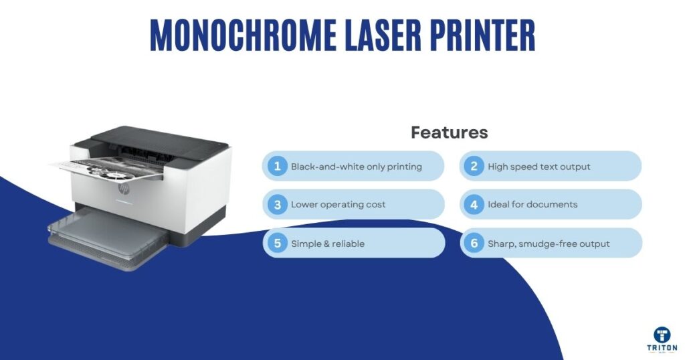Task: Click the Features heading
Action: point(449,132)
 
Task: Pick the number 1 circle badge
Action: point(277,166)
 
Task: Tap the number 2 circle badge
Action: point(474,166)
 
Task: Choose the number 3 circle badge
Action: point(277,205)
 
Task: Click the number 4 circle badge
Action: point(474,205)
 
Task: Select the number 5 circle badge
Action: point(277,244)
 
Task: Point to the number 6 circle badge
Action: point(474,244)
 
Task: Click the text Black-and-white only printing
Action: point(356,167)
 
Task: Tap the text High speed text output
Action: point(539,167)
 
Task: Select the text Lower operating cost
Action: point(338,205)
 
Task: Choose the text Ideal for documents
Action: point(532,205)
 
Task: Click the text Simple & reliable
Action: point(328,244)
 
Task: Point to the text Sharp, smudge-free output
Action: point(549,244)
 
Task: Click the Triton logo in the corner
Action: point(663,339)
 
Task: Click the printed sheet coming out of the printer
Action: point(107,170)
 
